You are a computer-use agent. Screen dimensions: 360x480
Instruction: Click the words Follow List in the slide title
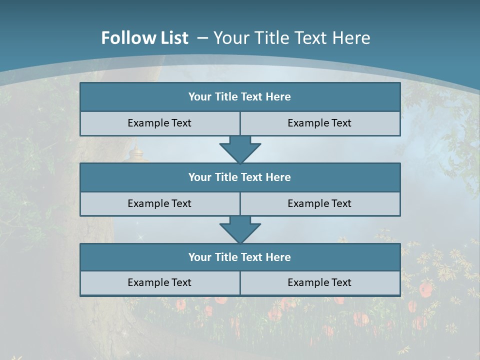point(144,38)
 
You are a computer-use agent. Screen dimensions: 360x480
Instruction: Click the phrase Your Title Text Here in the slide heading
point(292,38)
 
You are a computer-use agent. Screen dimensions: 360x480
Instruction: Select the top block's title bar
point(240,97)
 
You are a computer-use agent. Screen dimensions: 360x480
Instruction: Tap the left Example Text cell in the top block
point(159,123)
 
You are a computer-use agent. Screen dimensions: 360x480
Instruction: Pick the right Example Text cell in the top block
point(319,123)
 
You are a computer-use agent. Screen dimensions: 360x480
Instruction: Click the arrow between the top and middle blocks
point(240,149)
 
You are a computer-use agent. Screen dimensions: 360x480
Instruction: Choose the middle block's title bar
point(240,177)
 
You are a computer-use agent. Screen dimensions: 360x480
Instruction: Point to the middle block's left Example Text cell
point(159,203)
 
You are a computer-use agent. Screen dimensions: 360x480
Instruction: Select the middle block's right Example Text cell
point(319,203)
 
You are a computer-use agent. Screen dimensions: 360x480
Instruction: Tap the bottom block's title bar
point(240,257)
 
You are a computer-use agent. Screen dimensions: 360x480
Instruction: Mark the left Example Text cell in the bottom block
point(159,282)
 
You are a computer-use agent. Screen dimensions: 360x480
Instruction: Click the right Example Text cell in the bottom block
point(319,282)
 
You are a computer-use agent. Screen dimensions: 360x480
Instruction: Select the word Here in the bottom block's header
point(278,257)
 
